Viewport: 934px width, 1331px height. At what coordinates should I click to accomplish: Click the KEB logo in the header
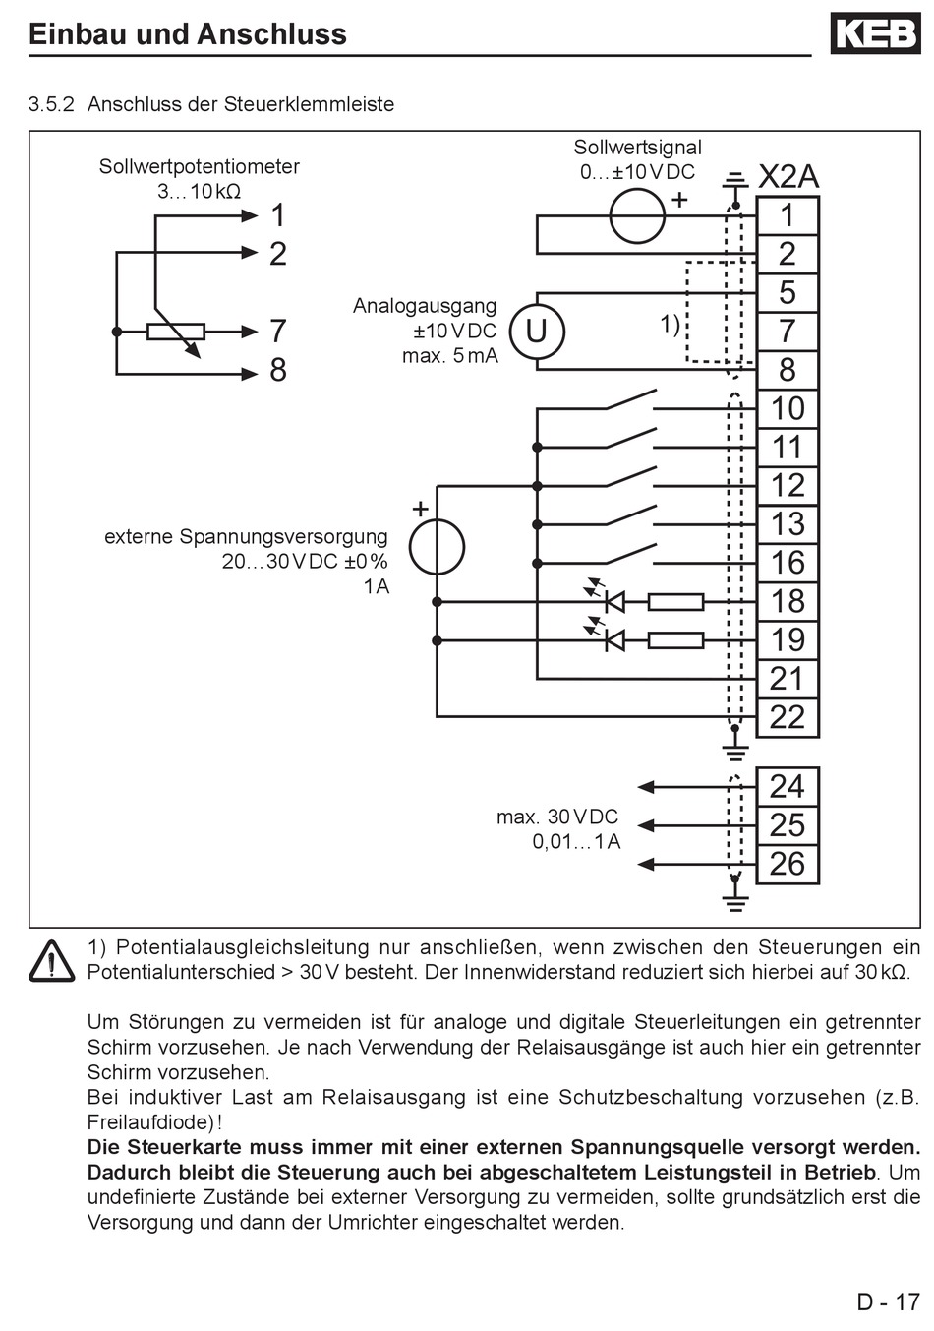tap(875, 33)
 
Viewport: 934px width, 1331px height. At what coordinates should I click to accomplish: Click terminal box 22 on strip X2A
tap(788, 717)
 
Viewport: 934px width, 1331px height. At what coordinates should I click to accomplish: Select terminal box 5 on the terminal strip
tap(788, 292)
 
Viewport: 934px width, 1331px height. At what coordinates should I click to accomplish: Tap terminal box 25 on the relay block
tap(788, 825)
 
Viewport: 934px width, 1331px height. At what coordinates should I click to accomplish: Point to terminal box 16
tap(788, 563)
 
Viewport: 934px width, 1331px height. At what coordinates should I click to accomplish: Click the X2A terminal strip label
tap(788, 176)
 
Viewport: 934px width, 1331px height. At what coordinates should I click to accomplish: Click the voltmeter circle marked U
tap(537, 332)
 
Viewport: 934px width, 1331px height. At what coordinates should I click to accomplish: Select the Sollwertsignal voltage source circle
tap(637, 215)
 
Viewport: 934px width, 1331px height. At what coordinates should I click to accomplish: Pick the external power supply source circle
tap(438, 547)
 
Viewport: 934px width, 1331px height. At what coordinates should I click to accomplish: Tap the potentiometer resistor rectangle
tap(176, 332)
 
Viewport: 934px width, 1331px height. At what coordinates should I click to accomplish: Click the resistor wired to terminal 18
tap(675, 602)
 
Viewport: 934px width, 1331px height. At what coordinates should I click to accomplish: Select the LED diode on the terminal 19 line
tap(614, 640)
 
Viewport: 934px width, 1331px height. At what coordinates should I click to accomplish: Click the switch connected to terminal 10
tap(630, 400)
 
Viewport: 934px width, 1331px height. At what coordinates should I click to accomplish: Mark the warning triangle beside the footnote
tap(52, 961)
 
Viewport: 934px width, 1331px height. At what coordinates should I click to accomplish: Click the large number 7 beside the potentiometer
tap(278, 331)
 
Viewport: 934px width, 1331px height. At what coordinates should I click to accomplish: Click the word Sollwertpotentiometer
tap(199, 166)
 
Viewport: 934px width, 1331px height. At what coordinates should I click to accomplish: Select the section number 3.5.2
tap(52, 104)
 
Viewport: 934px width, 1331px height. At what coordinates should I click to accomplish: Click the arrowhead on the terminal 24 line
tap(646, 787)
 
